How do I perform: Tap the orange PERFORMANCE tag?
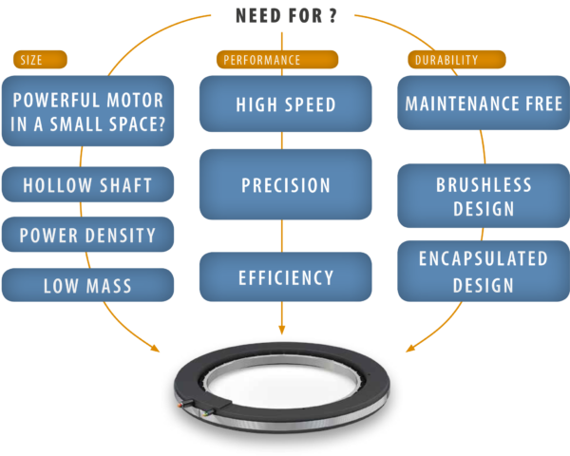(277, 60)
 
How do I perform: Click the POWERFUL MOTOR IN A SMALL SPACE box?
(87, 111)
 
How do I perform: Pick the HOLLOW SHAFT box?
(87, 184)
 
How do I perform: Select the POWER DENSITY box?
(87, 235)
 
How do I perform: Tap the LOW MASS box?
(87, 285)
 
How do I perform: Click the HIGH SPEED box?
(285, 104)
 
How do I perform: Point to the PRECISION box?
(285, 184)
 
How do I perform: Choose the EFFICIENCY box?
(285, 277)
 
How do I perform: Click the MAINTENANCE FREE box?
(484, 103)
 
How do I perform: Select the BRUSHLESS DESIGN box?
(484, 196)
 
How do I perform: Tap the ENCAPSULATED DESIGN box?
(484, 272)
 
